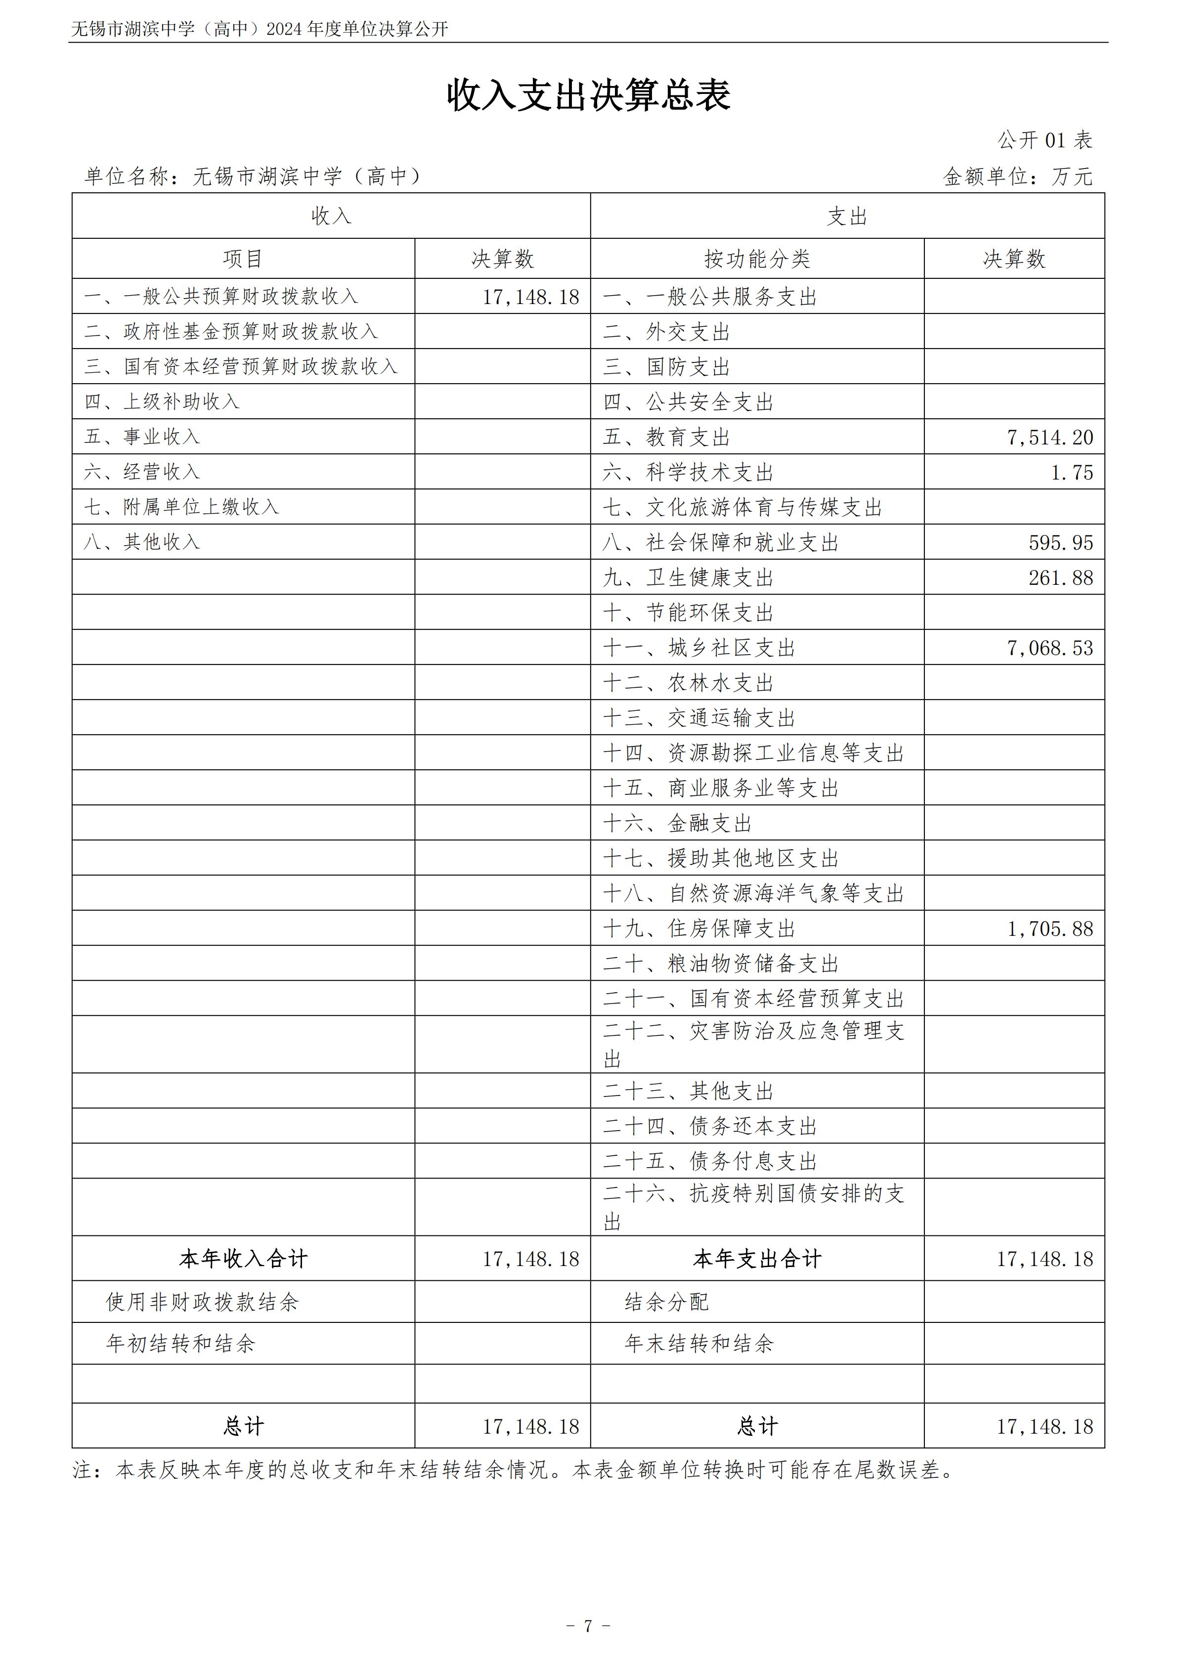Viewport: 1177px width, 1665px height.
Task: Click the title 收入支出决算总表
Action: pyautogui.click(x=588, y=95)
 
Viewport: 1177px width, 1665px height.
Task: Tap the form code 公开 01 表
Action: pyautogui.click(x=1045, y=140)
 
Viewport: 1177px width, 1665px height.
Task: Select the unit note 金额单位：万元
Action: pyautogui.click(x=1017, y=176)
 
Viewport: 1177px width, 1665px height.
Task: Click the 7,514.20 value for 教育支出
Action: pyautogui.click(x=1049, y=438)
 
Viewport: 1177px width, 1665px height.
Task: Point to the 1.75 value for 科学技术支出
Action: pyautogui.click(x=1072, y=473)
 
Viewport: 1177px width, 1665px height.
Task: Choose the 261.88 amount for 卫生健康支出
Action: pyautogui.click(x=1060, y=578)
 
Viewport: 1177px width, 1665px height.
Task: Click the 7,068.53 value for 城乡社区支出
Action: pyautogui.click(x=1049, y=648)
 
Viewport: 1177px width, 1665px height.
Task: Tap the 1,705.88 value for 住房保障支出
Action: pyautogui.click(x=1049, y=929)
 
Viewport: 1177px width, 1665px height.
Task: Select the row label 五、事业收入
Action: pyautogui.click(x=142, y=437)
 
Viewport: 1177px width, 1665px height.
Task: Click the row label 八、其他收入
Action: pyautogui.click(x=142, y=542)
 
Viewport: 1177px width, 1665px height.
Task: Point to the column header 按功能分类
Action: pyautogui.click(x=757, y=259)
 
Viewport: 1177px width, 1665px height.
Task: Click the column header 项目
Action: pyautogui.click(x=243, y=259)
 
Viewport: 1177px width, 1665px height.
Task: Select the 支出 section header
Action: pyautogui.click(x=847, y=216)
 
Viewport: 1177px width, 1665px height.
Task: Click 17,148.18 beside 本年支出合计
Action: pyautogui.click(x=1045, y=1259)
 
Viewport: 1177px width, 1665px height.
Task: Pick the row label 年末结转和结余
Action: pyautogui.click(x=699, y=1344)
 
